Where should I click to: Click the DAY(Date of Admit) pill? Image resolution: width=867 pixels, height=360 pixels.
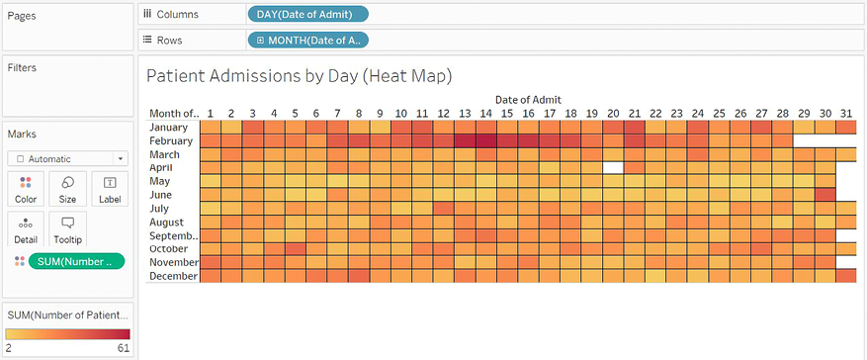click(306, 14)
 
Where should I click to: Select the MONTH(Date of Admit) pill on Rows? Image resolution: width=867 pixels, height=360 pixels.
click(306, 40)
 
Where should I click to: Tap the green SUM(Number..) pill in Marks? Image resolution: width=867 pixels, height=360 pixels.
click(76, 261)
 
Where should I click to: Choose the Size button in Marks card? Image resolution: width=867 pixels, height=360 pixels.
click(67, 188)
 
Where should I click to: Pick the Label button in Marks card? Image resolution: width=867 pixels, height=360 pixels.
click(109, 188)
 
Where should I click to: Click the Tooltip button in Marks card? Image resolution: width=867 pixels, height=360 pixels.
click(67, 229)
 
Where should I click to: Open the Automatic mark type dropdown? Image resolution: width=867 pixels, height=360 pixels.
click(67, 158)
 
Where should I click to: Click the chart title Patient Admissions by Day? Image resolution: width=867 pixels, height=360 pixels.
click(299, 75)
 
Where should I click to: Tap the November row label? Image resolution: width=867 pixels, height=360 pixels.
click(175, 262)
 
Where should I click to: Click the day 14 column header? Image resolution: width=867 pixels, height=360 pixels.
click(485, 114)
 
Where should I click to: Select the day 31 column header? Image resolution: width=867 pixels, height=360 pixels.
click(845, 114)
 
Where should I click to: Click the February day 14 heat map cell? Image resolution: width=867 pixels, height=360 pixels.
click(485, 141)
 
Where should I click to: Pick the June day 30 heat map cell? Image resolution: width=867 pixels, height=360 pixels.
click(824, 195)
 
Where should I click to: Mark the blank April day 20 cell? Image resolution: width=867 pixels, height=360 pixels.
click(613, 168)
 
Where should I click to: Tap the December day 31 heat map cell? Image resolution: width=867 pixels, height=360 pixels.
click(845, 276)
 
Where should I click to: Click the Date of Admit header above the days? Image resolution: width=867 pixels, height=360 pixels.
click(528, 99)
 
